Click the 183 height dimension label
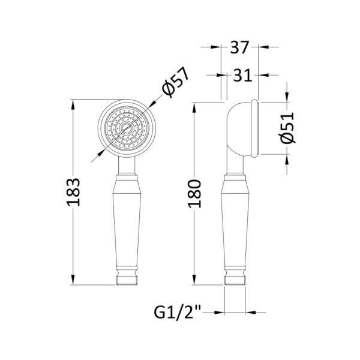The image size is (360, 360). (x=73, y=192)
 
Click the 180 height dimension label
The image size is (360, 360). (x=194, y=194)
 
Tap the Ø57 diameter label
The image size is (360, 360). (x=175, y=82)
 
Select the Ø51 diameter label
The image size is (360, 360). (x=287, y=128)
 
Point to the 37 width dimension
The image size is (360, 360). (x=239, y=47)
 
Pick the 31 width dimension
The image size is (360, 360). (x=242, y=75)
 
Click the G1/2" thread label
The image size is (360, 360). (x=177, y=312)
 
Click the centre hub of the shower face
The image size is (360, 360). (x=127, y=128)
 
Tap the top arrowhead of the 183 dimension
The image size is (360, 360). (x=73, y=105)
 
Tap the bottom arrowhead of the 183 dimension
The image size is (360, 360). (x=73, y=279)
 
